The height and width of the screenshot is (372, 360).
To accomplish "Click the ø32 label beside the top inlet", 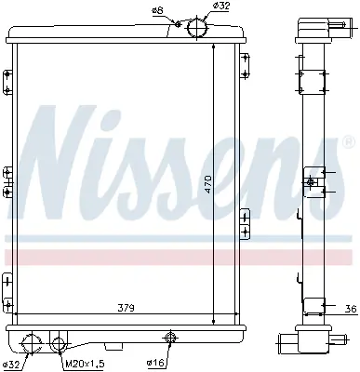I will (221, 7).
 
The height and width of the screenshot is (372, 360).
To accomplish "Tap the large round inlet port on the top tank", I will (197, 29).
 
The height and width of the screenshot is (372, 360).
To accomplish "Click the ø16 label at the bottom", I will (155, 363).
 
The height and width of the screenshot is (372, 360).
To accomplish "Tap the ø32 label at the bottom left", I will (11, 363).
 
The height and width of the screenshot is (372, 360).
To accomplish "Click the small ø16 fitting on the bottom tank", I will (170, 339).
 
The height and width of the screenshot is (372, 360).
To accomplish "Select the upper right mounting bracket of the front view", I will (245, 65).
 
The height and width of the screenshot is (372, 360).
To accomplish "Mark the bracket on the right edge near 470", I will (245, 222).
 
